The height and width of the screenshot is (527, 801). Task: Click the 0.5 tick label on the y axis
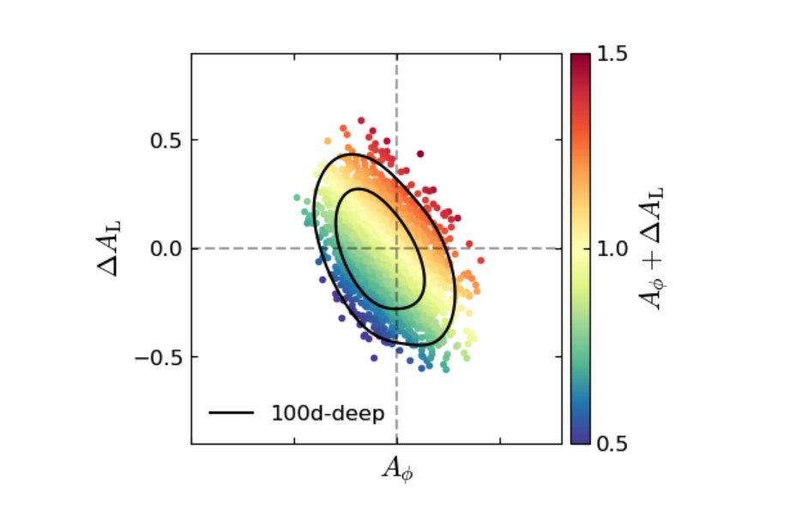[x=162, y=140]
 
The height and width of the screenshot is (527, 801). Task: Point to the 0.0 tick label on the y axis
[x=162, y=249]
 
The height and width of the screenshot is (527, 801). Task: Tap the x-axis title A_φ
[x=396, y=469]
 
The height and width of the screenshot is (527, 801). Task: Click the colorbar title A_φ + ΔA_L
[x=654, y=249]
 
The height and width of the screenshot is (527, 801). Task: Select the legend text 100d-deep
[x=328, y=412]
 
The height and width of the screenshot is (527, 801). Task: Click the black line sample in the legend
[x=232, y=412]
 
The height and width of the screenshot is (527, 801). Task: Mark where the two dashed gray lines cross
[x=396, y=249]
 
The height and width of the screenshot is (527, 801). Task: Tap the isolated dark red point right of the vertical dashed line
[x=420, y=154]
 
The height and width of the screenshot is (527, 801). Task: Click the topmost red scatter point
[x=361, y=121]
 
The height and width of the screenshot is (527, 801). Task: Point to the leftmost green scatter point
[x=297, y=197]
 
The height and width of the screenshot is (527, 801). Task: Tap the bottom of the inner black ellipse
[x=396, y=308]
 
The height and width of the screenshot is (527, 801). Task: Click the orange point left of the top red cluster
[x=328, y=141]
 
